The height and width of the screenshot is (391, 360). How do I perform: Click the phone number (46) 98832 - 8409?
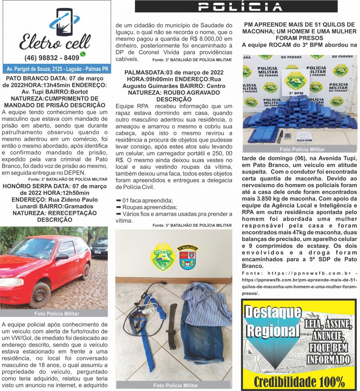52,58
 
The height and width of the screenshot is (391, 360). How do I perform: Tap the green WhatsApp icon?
83,54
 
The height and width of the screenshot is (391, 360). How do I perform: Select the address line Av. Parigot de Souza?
57,69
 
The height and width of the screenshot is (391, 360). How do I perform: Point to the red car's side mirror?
61,257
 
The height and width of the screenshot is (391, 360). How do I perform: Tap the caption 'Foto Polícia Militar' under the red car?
57,313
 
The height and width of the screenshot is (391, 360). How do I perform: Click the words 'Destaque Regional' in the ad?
272,321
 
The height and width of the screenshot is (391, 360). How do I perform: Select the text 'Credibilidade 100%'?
299,381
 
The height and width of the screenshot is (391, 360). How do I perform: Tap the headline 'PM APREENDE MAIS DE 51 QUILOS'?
300,25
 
